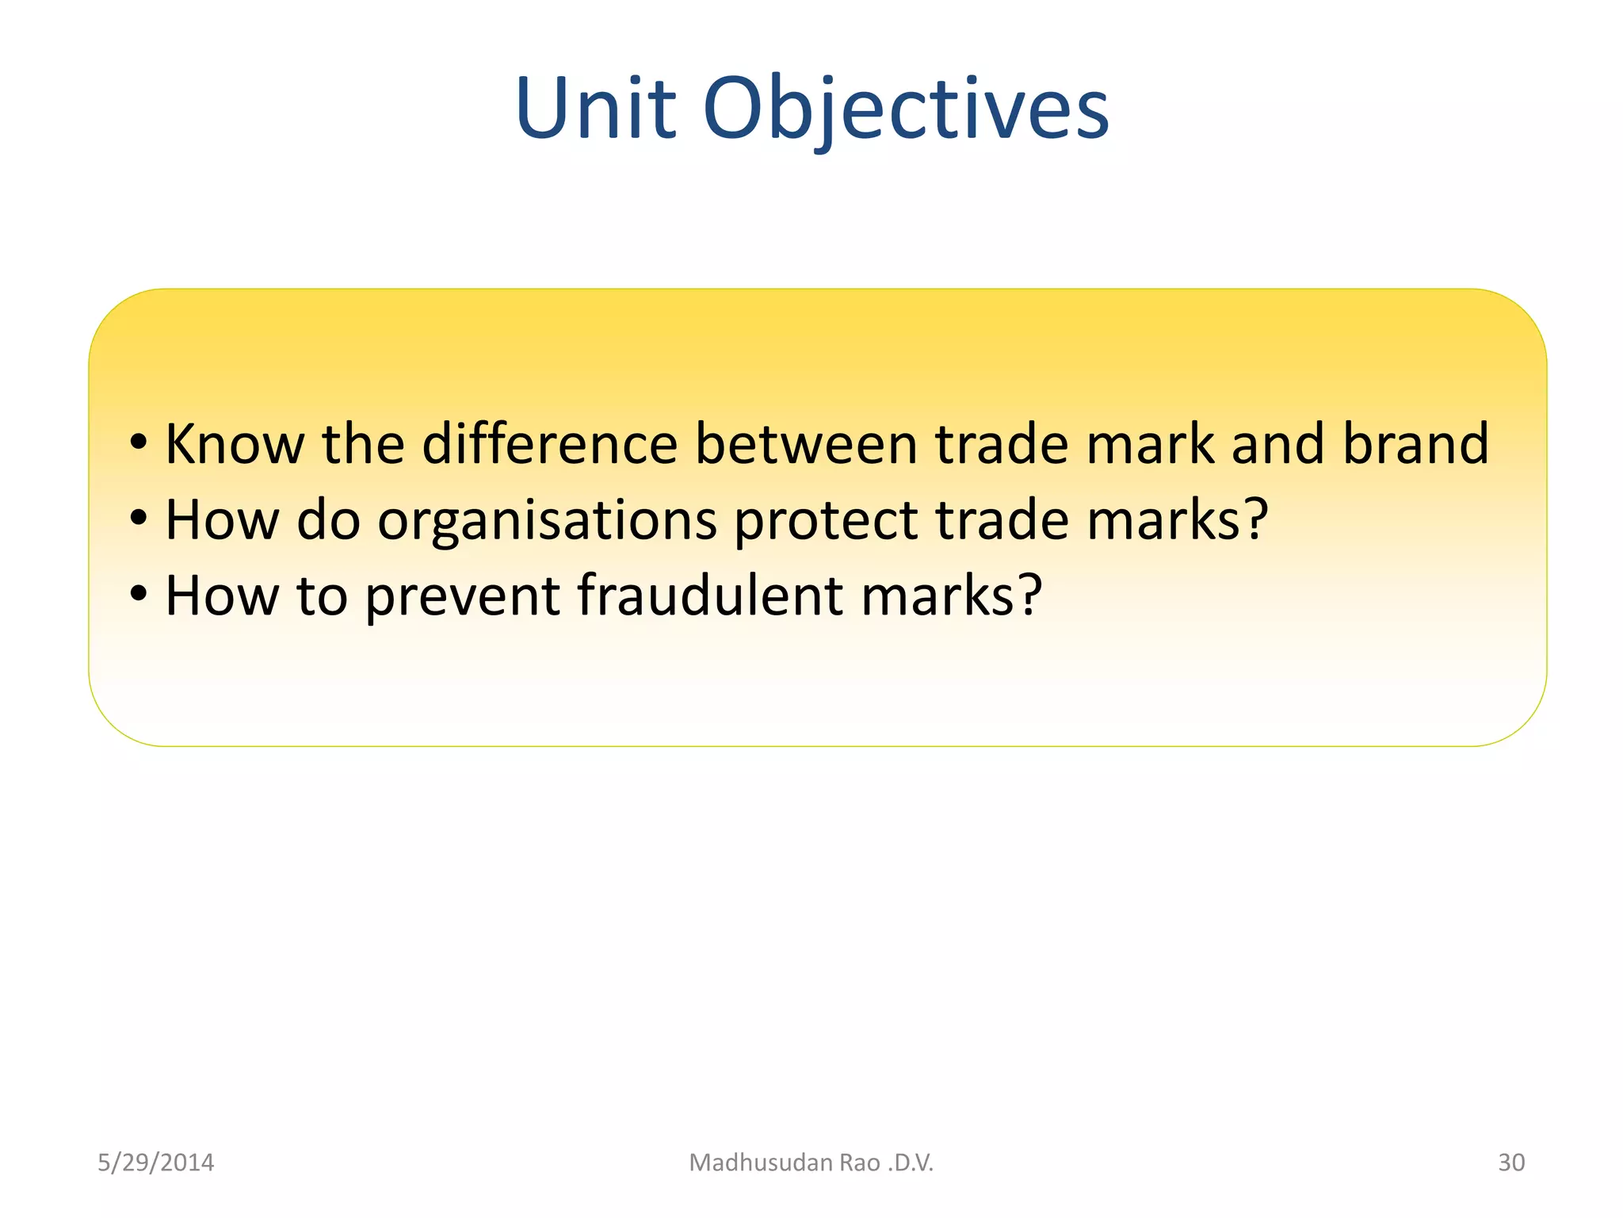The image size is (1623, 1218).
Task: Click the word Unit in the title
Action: (x=594, y=109)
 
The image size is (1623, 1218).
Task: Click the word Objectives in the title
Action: (x=905, y=109)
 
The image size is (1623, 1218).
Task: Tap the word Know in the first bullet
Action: (x=234, y=444)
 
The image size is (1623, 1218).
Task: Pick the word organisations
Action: (x=547, y=521)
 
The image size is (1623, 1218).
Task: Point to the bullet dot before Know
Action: (x=139, y=444)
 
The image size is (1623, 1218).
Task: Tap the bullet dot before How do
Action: (x=139, y=520)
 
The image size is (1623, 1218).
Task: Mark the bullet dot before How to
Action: (x=139, y=596)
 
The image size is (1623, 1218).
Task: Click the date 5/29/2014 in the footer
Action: (x=155, y=1162)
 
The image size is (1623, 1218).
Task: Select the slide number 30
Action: (x=1510, y=1162)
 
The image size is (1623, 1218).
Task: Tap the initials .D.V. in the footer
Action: (x=911, y=1162)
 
